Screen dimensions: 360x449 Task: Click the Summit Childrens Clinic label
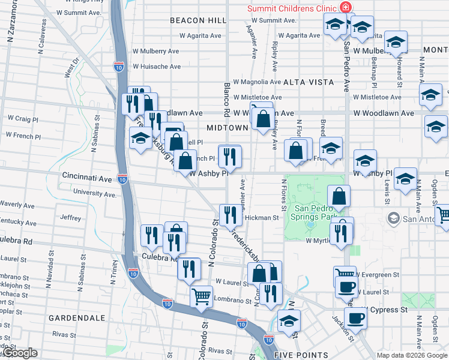[292, 8]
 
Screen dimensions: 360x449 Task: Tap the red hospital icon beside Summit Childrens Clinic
[345, 7]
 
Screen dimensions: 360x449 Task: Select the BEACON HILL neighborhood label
[198, 20]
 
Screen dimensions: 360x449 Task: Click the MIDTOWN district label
[227, 128]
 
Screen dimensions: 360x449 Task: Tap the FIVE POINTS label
[301, 355]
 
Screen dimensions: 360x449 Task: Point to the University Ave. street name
[94, 193]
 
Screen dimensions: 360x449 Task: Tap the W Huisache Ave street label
[157, 67]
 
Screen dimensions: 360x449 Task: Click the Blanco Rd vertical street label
[227, 98]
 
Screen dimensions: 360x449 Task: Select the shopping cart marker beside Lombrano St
[201, 296]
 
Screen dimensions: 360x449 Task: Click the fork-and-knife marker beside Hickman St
[230, 214]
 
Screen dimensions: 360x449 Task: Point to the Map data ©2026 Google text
[411, 355]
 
